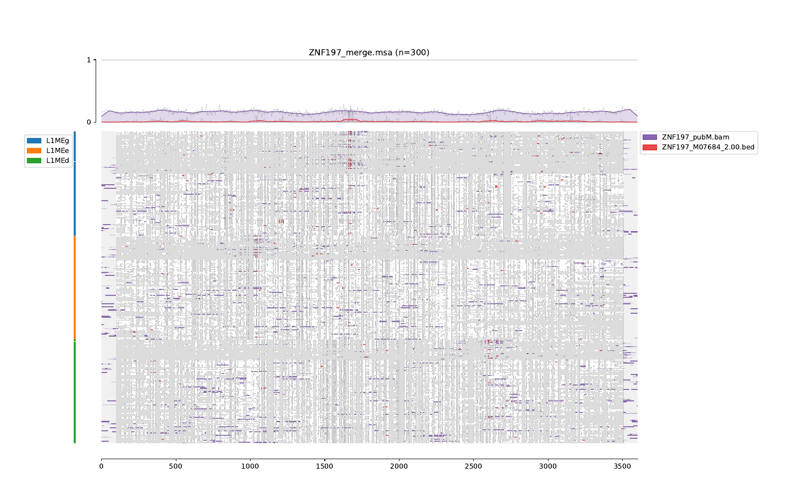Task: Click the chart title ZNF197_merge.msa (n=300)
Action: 369,52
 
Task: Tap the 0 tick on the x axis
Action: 101,467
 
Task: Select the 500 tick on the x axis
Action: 175,467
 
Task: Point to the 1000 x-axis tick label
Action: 250,467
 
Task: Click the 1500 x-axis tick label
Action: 324,467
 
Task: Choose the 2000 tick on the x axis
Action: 399,467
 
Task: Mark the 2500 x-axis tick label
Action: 473,467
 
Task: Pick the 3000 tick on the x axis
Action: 548,467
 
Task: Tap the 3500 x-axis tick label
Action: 622,467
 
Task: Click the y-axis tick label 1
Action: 89,60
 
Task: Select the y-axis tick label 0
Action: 89,122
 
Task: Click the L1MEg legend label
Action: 58,141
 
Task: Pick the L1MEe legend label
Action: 58,150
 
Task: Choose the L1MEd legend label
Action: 58,160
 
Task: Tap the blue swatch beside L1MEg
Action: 34,141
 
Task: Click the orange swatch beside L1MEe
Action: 34,150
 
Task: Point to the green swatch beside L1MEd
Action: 34,160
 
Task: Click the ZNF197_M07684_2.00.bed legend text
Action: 708,147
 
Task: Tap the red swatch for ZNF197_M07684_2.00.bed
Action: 650,147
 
